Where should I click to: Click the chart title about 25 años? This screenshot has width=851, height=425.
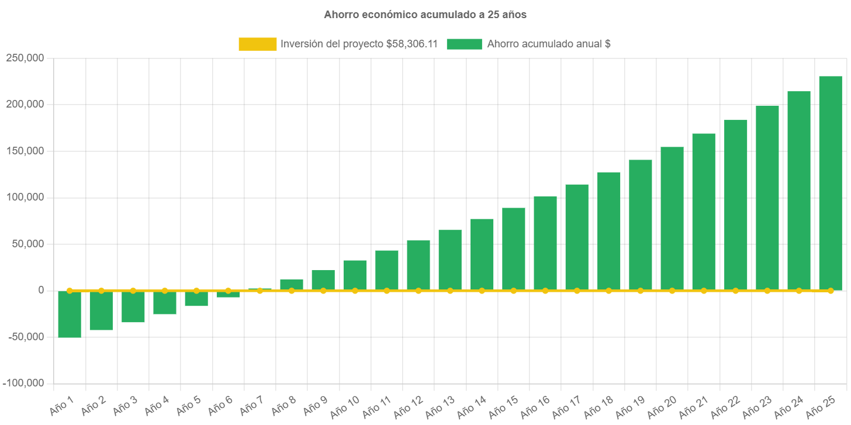(425, 15)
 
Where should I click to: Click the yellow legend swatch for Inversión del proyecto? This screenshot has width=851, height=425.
(257, 44)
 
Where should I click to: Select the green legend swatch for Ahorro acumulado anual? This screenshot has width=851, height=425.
(464, 44)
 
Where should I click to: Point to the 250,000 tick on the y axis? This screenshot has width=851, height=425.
(25, 58)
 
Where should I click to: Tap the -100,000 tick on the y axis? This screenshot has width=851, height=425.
(23, 383)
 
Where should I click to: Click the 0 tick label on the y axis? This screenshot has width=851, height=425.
(41, 290)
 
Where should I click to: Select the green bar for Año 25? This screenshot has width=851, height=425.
(830, 183)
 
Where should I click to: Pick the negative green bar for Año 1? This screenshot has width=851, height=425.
(70, 314)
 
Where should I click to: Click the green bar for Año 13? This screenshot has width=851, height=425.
(450, 260)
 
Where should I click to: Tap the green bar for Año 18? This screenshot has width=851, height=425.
(608, 231)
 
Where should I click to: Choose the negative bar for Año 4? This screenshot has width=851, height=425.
(165, 302)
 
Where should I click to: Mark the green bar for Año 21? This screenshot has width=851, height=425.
(703, 212)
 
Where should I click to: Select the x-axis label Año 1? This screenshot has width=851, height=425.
(63, 405)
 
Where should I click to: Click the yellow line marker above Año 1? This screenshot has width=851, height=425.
(70, 291)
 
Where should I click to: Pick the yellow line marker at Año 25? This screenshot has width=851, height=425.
(830, 291)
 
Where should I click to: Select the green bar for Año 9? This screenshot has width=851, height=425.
(323, 280)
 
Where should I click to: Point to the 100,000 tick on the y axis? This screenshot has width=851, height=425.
(25, 197)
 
